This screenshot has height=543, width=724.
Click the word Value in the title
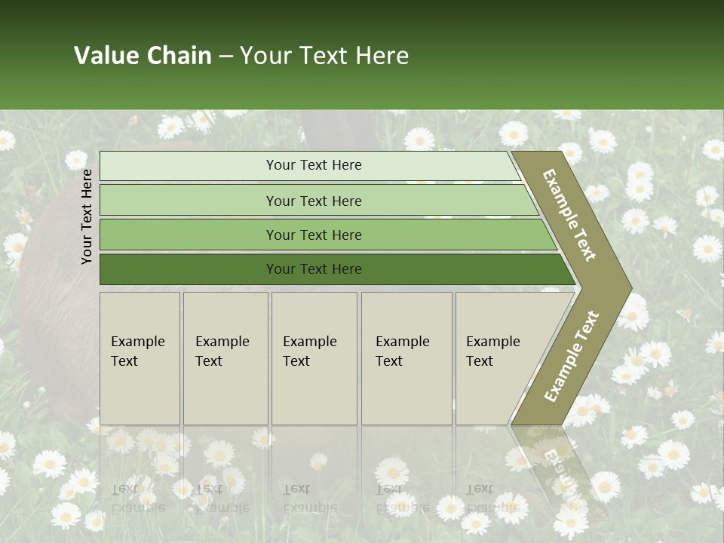(x=106, y=56)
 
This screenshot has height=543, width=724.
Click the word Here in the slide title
(x=382, y=56)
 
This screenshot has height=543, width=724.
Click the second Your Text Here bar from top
(x=314, y=201)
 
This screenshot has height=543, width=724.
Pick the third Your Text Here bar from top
(x=314, y=235)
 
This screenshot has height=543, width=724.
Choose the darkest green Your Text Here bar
(x=314, y=269)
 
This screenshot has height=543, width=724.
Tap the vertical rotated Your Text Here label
(x=87, y=216)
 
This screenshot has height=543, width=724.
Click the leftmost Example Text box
(x=140, y=358)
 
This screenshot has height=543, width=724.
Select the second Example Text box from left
(x=225, y=358)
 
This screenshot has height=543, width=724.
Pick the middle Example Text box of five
(x=314, y=358)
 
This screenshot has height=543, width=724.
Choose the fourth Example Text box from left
(x=406, y=358)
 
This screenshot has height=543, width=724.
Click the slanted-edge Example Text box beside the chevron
(x=498, y=358)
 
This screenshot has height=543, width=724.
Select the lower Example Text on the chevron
(x=572, y=356)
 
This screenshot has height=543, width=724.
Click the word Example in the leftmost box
(x=137, y=342)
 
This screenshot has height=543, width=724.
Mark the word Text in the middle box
(x=296, y=361)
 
